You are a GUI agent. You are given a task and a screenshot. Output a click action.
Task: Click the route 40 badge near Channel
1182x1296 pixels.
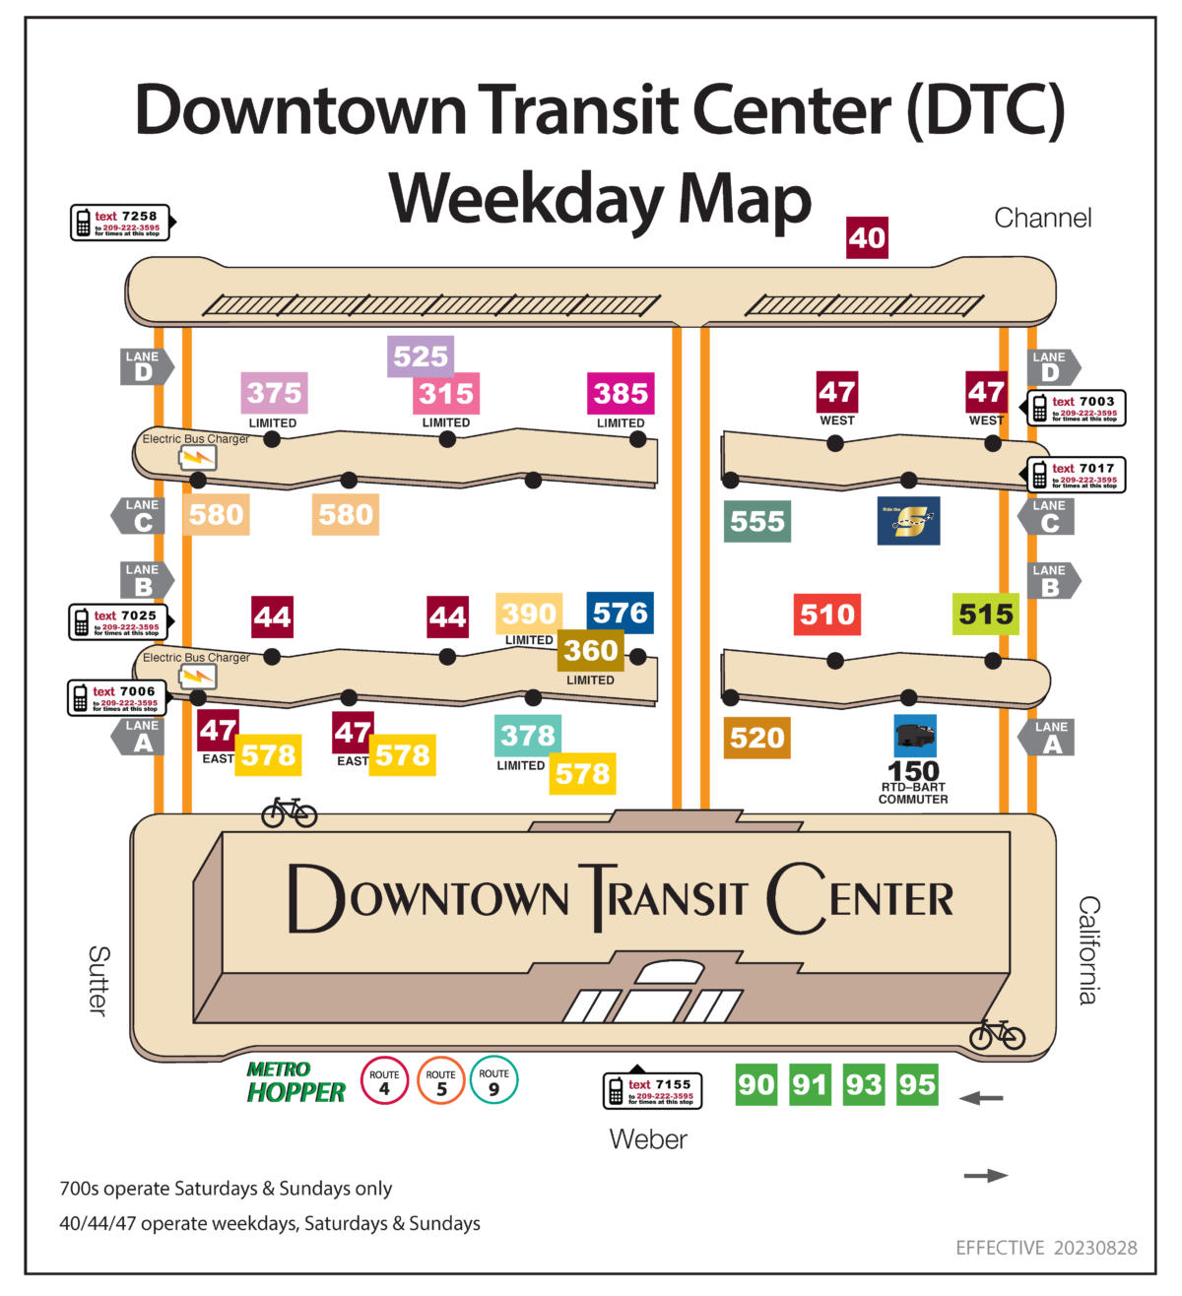point(867,238)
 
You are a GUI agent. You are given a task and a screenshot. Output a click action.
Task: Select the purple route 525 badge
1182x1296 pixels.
point(421,356)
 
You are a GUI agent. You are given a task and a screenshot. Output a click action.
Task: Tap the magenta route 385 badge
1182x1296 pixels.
point(621,394)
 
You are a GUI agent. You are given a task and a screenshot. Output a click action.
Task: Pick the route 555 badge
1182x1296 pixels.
point(756,521)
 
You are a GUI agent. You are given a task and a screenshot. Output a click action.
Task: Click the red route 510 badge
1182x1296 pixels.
point(827,615)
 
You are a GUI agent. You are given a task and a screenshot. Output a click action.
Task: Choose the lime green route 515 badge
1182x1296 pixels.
point(985,615)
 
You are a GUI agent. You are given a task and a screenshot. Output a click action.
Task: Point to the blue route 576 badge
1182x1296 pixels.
point(621,613)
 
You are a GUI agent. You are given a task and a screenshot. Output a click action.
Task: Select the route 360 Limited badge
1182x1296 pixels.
point(591,651)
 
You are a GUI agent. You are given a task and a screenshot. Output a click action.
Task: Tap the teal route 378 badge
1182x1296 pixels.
point(528,736)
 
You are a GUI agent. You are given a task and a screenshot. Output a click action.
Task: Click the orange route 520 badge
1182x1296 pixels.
point(756,738)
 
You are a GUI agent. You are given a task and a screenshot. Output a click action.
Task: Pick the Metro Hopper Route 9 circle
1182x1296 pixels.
point(494,1080)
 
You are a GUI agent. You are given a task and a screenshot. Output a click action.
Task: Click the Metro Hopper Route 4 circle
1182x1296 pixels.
point(384,1080)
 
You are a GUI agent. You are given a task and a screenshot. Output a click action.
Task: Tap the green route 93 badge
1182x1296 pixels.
point(863,1084)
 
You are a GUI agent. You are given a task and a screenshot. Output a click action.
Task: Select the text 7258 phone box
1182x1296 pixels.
point(121,223)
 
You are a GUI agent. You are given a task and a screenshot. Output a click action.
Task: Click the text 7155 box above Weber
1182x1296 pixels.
point(653,1090)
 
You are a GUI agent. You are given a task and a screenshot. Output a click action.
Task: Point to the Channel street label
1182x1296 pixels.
point(1042,218)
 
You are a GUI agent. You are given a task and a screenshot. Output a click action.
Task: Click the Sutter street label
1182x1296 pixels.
point(98,980)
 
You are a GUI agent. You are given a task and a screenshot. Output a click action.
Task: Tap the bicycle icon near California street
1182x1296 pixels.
point(997,1034)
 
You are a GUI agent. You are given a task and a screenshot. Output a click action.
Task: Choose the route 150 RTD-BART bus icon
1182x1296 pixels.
point(914,736)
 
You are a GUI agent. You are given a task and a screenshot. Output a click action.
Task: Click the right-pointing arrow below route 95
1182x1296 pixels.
point(985,1175)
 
